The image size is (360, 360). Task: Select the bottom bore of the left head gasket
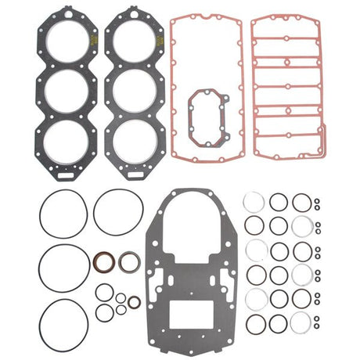click(x=65, y=139)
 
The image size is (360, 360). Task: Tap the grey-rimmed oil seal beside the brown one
click(x=128, y=261)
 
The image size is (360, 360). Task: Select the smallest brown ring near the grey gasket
click(x=135, y=301)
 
